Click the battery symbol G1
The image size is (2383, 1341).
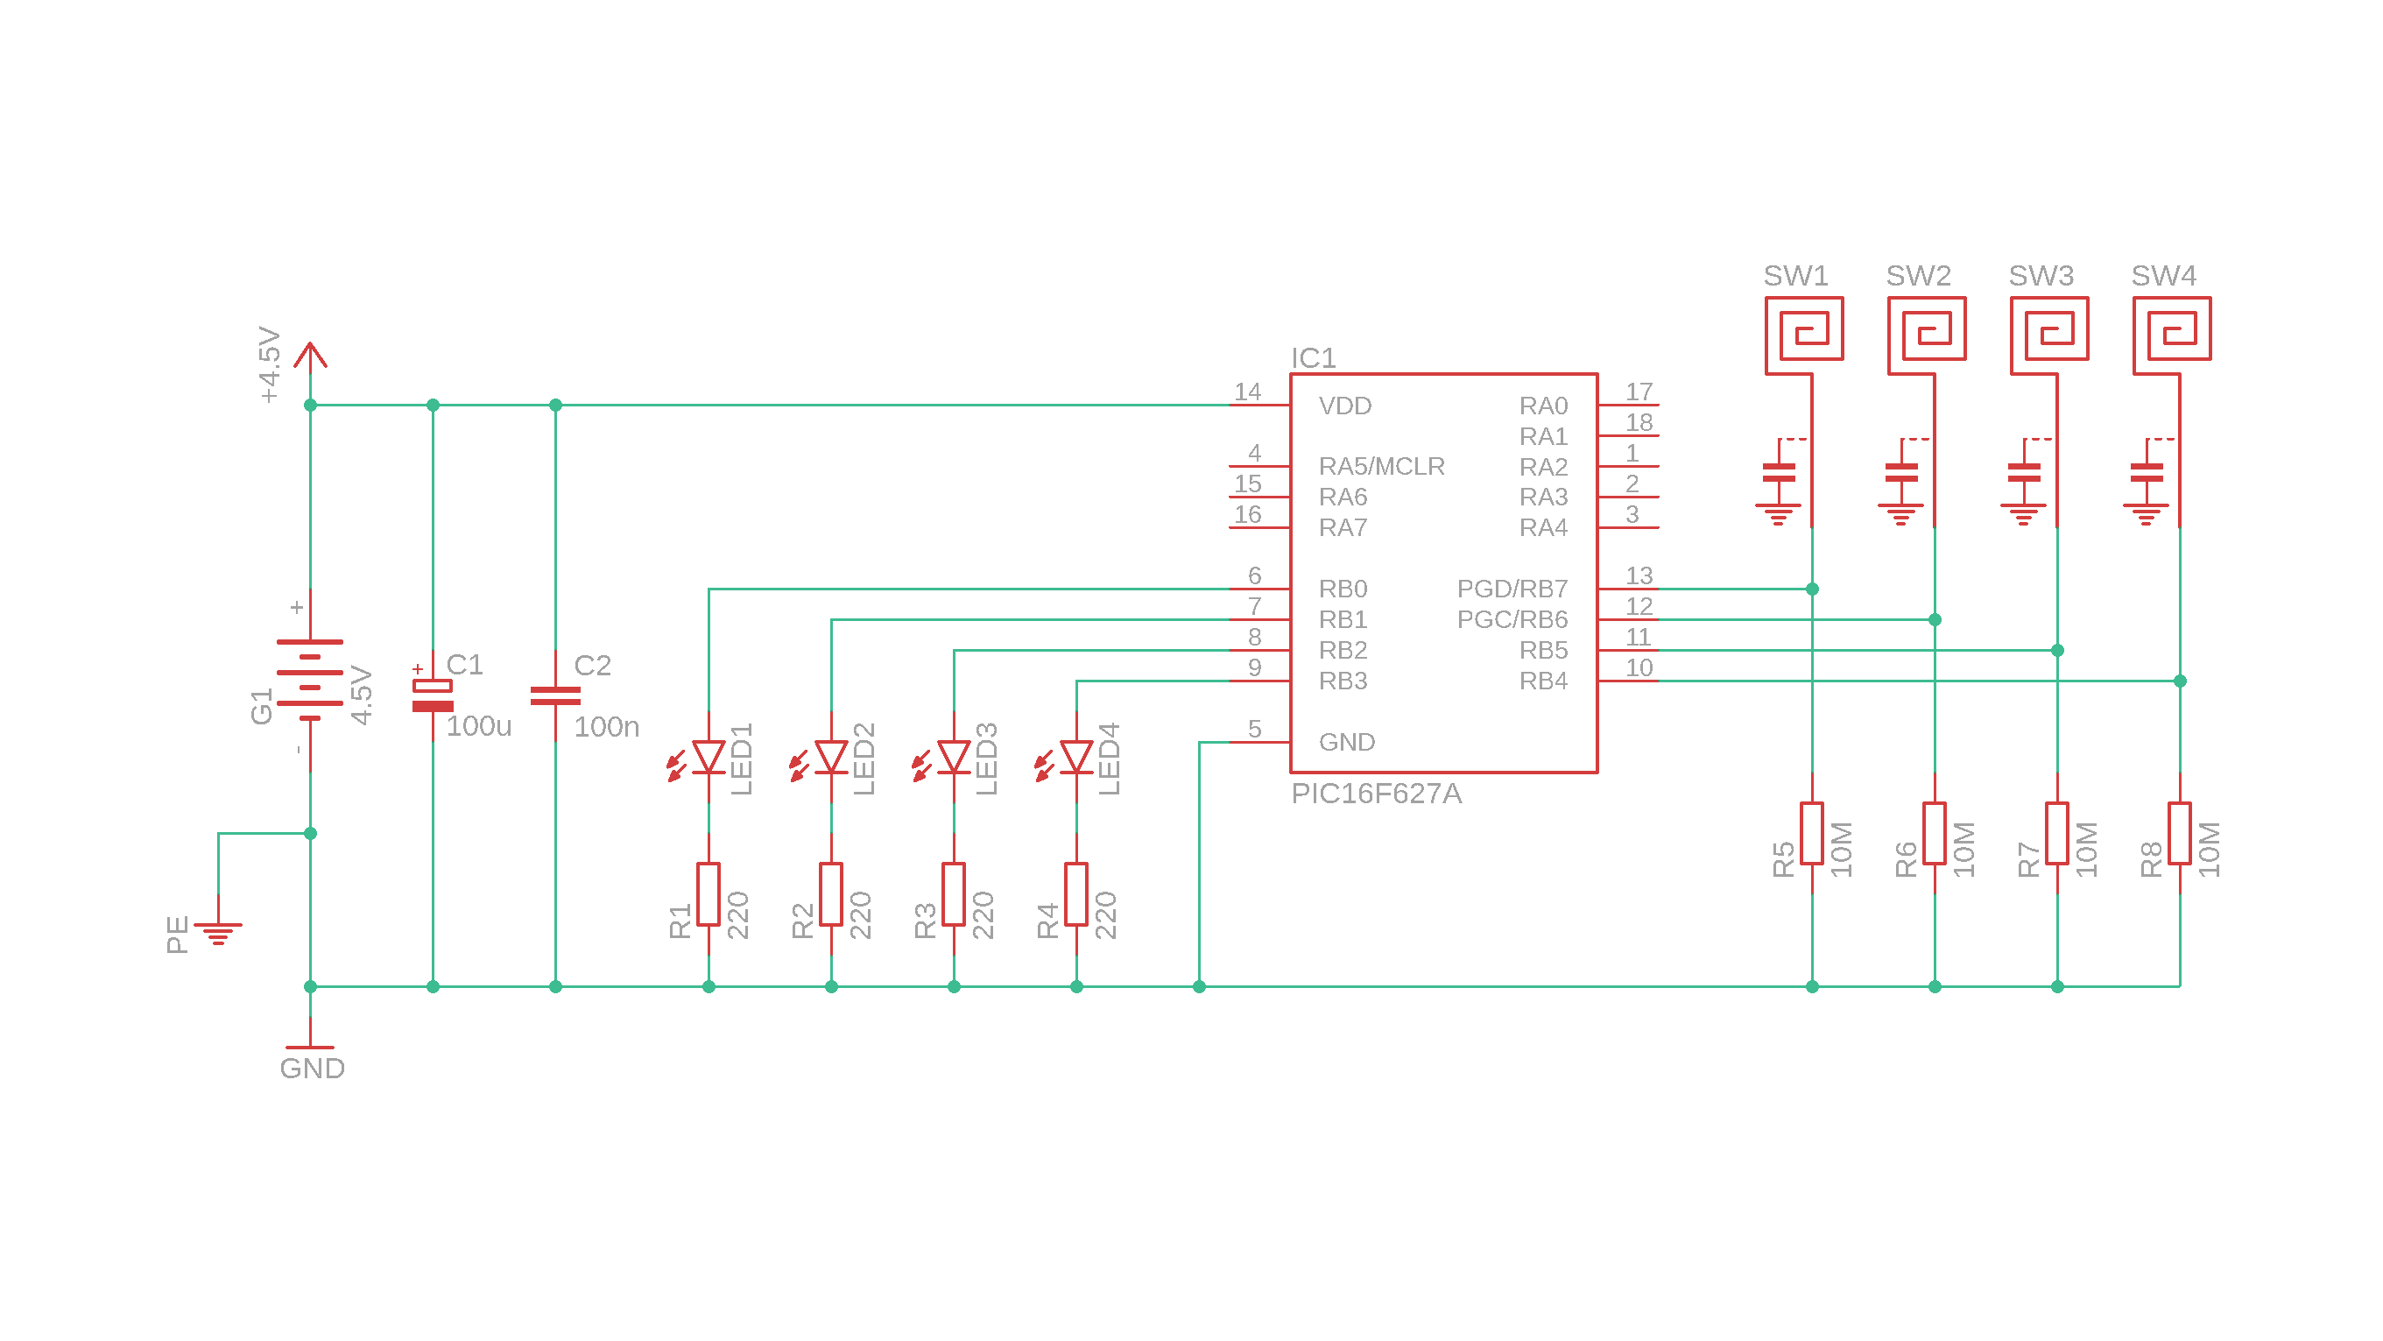coord(310,681)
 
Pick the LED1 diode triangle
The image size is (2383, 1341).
coord(709,757)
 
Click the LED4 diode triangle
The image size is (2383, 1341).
coord(1075,757)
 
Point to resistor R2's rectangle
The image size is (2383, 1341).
coord(831,894)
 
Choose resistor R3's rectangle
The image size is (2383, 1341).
coord(954,894)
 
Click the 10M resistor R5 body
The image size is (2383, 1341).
coord(1811,833)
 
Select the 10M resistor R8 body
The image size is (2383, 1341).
coord(2180,833)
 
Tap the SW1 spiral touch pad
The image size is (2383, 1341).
coord(1804,329)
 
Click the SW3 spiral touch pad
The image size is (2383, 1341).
coord(2049,329)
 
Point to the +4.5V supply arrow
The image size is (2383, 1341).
coord(310,356)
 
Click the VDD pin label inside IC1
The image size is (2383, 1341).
coord(1345,406)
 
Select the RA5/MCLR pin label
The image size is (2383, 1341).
coord(1381,467)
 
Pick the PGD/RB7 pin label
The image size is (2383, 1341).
coord(1512,589)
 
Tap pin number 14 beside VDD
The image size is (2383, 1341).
coord(1247,392)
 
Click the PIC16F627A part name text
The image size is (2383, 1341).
coord(1376,794)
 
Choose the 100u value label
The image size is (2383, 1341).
coord(478,726)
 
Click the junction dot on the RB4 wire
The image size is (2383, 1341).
coord(2180,681)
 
